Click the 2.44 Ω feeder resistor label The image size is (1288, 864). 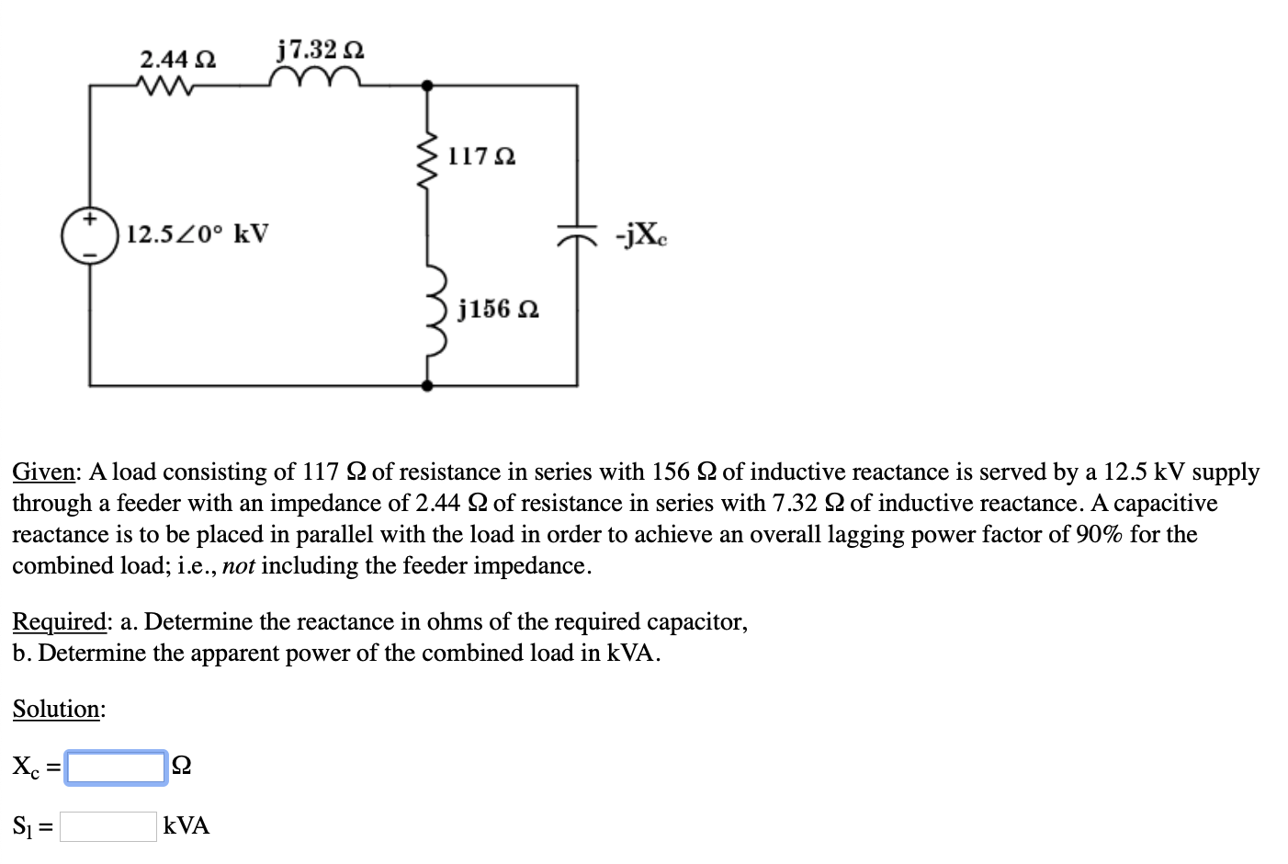coord(177,60)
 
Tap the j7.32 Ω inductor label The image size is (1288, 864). coord(320,49)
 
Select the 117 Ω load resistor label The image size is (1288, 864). coord(481,156)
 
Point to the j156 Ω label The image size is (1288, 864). coord(498,309)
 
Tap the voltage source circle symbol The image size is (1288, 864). coord(89,235)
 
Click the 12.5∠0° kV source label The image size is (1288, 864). coord(198,233)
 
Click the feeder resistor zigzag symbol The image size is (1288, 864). coord(164,86)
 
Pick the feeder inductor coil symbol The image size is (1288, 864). coord(315,77)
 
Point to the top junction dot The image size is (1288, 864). coord(426,85)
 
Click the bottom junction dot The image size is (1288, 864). coord(426,385)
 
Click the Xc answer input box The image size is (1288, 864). coord(116,767)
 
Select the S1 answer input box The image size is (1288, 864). coord(108,826)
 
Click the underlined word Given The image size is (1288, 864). coord(43,472)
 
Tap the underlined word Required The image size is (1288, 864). coord(59,622)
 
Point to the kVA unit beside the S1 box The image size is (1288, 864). coord(186,826)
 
